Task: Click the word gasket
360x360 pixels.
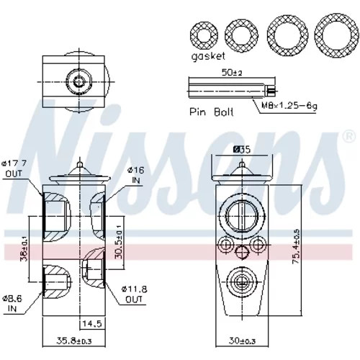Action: [208, 57]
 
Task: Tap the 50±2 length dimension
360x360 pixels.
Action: [232, 72]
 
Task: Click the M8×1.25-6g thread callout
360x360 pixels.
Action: [289, 106]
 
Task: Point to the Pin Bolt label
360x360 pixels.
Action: [212, 112]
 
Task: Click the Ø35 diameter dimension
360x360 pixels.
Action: [242, 150]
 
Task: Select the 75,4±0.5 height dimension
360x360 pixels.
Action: [296, 246]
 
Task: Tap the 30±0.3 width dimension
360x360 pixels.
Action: [242, 341]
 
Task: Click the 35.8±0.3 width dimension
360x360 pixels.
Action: [74, 341]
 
